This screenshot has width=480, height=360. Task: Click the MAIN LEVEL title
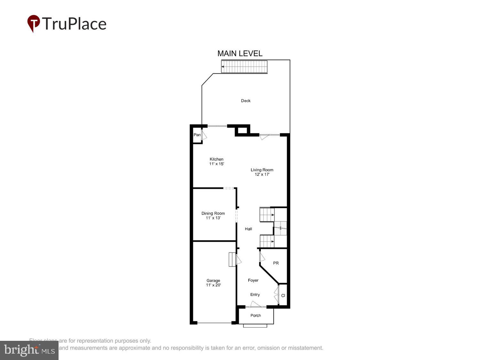(x=240, y=53)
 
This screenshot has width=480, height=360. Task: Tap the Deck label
(x=246, y=101)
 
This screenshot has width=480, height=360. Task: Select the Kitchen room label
(x=216, y=159)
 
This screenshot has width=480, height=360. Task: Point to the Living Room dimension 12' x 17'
(x=262, y=175)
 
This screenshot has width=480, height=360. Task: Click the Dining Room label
(x=213, y=213)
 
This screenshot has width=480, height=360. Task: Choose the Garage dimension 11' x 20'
(x=213, y=285)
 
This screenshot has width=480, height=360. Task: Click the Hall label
(x=248, y=229)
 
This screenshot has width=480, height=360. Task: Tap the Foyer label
(x=253, y=280)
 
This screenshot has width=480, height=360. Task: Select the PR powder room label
(x=276, y=263)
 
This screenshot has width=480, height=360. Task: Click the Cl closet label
(x=283, y=296)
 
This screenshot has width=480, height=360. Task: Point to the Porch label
(x=256, y=316)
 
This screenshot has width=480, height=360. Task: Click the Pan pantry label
(x=197, y=135)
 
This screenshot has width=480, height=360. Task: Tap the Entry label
(x=255, y=294)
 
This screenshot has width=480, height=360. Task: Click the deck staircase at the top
(x=244, y=67)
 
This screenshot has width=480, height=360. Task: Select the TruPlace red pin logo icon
(x=33, y=23)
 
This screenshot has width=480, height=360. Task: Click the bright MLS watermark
(x=29, y=350)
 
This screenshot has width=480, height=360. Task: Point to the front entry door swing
(x=256, y=304)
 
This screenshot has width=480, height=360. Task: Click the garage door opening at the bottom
(x=214, y=323)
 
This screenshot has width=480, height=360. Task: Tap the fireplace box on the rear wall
(x=242, y=130)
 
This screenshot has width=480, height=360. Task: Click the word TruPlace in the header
(x=74, y=24)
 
